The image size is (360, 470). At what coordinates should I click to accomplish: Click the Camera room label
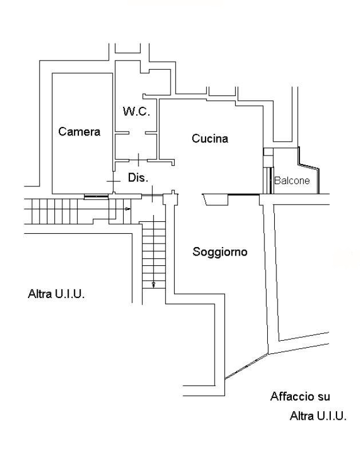79,132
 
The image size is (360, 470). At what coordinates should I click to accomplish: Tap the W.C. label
136,111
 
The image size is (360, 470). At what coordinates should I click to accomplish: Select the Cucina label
210,138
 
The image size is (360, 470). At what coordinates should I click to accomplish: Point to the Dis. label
138,178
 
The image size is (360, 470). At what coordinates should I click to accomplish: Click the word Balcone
292,181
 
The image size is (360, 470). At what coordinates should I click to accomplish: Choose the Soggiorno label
220,252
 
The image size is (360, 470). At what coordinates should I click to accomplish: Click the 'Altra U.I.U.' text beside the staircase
57,294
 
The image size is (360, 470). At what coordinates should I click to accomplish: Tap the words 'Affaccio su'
300,396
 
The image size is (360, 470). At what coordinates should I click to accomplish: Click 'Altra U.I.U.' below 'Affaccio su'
318,416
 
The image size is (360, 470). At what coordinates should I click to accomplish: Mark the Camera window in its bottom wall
96,196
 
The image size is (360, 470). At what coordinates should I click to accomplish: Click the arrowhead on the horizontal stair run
128,209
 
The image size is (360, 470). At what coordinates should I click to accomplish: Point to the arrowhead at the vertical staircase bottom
153,284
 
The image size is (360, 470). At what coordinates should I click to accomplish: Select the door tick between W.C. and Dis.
139,157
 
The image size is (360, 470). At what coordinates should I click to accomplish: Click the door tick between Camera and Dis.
113,181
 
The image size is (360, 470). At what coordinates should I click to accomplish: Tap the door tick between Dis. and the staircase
152,191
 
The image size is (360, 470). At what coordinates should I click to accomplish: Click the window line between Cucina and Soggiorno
243,195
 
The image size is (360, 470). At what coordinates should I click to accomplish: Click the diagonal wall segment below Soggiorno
246,366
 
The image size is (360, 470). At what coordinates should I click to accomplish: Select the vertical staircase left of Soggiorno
153,252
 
